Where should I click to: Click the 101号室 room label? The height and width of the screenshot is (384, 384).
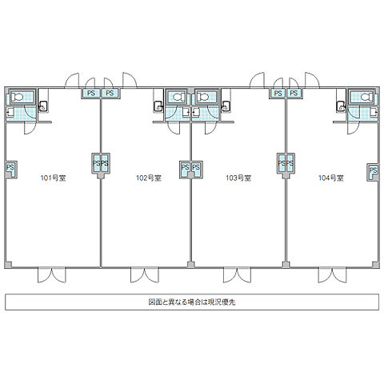[x=53, y=178]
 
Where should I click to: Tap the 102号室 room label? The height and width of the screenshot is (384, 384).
[x=149, y=178]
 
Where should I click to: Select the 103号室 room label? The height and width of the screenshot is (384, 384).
[x=238, y=178]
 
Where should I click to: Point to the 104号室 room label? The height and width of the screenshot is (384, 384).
[x=331, y=178]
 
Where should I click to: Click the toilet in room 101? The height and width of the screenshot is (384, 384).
[x=18, y=97]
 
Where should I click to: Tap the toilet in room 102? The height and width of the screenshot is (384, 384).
[x=179, y=97]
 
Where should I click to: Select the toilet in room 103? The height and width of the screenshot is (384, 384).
[x=203, y=97]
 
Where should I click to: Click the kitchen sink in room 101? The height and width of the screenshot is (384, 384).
[x=42, y=106]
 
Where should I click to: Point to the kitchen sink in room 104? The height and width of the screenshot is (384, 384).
[x=341, y=106]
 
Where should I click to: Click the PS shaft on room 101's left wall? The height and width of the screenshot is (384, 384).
[x=10, y=169]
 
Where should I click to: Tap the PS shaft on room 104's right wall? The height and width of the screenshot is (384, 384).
[x=373, y=172]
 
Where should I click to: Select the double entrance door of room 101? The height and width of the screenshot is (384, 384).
[x=51, y=274]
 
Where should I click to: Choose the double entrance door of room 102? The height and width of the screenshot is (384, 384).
[x=144, y=274]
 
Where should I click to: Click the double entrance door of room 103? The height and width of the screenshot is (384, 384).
[x=237, y=274]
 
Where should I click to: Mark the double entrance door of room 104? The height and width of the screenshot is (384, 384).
[x=332, y=274]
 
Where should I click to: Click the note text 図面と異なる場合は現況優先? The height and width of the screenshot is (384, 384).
[x=192, y=302]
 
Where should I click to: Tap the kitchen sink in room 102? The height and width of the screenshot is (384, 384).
[x=158, y=106]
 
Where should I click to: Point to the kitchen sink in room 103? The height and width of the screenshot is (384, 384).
[x=226, y=106]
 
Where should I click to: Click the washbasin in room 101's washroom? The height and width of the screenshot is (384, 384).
[x=10, y=113]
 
